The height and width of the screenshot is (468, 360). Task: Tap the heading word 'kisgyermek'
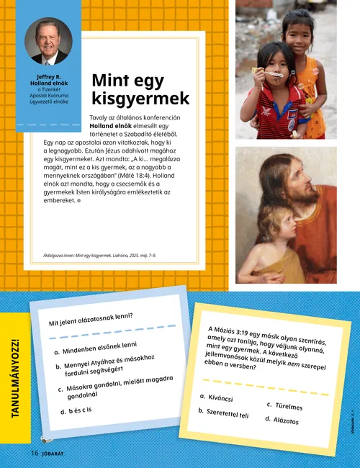pos(140,98)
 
